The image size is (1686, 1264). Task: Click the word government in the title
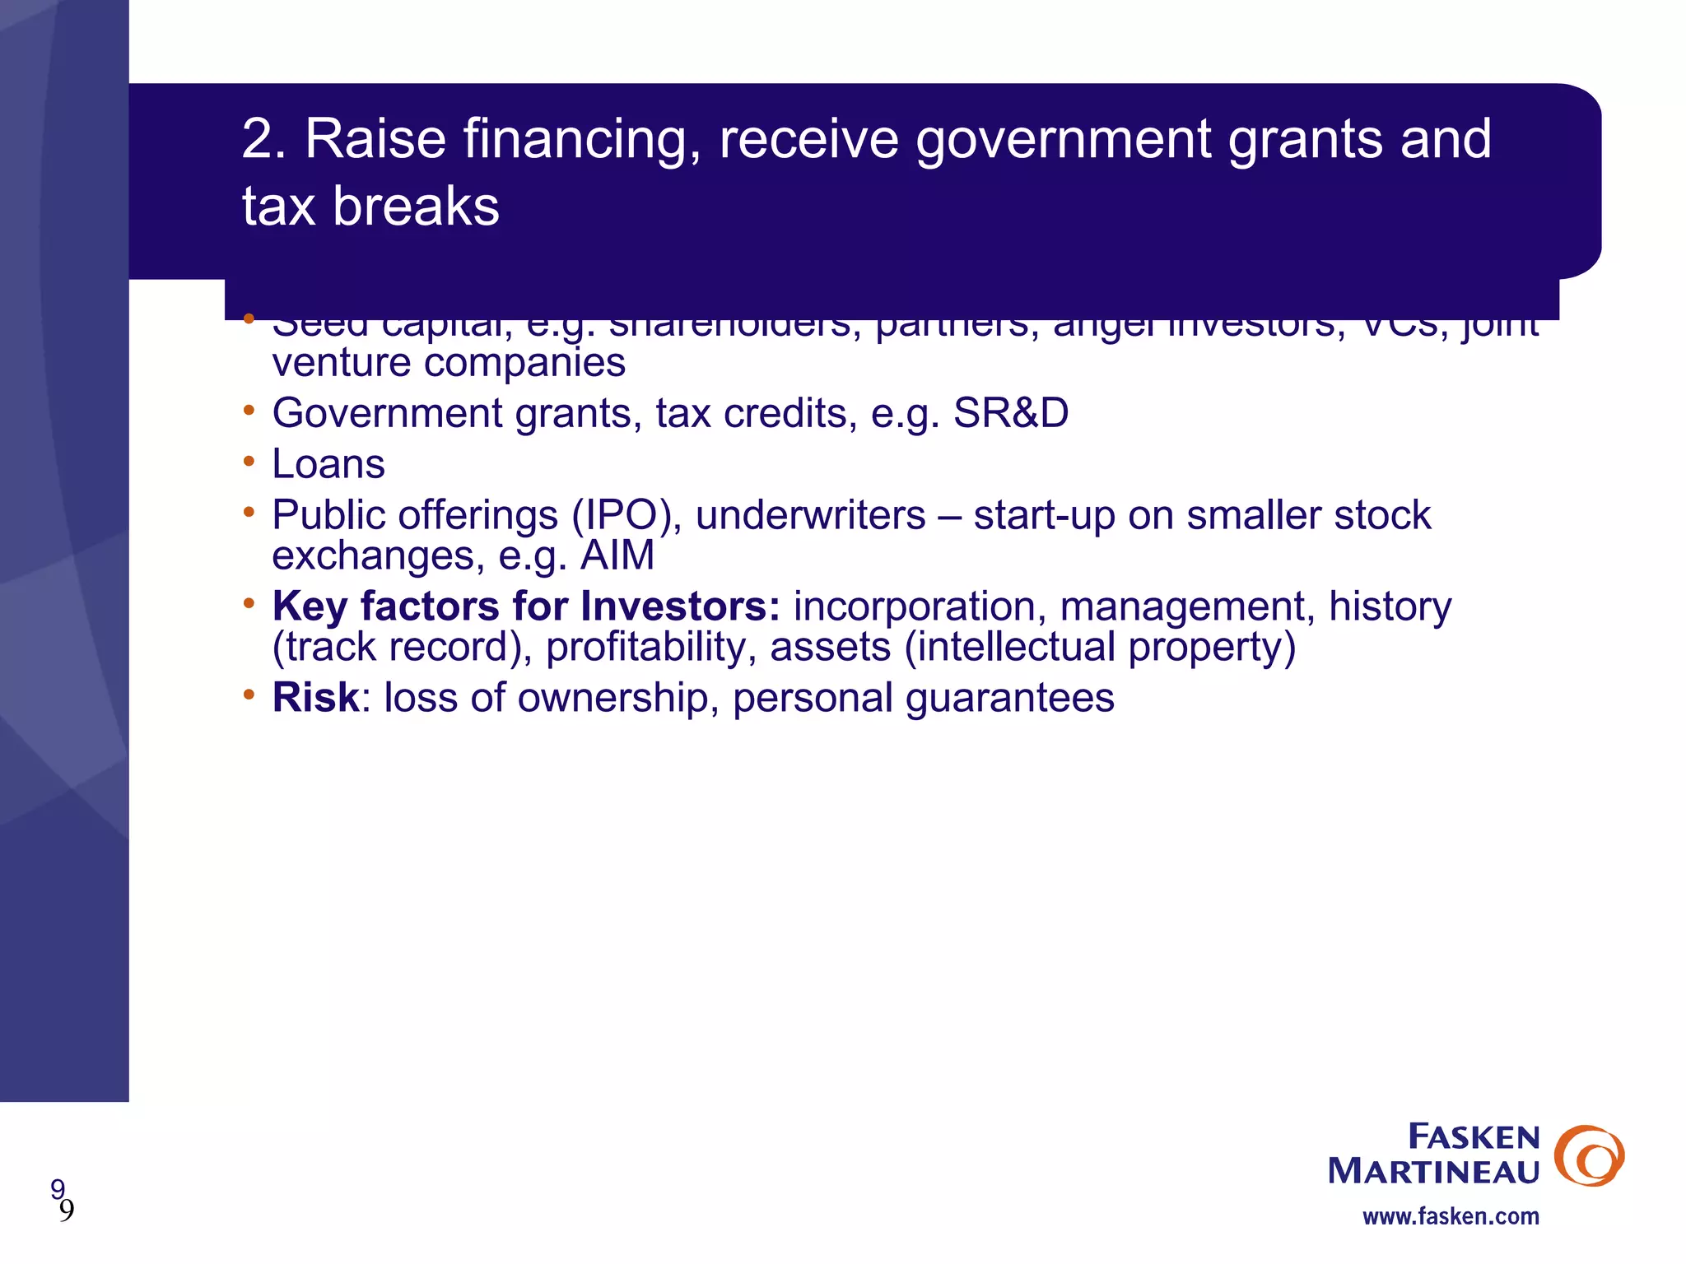click(x=1063, y=138)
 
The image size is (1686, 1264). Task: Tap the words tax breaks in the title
click(x=370, y=206)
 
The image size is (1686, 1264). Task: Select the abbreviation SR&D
click(x=1010, y=413)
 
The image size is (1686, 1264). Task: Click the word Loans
click(x=328, y=464)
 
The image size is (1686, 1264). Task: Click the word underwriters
click(x=811, y=516)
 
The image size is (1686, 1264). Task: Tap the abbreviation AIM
click(x=617, y=555)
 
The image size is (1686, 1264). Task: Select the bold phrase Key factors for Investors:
click(x=526, y=606)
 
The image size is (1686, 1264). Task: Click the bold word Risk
click(x=315, y=698)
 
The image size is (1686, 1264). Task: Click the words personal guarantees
click(x=923, y=698)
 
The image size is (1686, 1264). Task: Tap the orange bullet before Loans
click(x=249, y=462)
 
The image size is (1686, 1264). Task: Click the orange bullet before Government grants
click(x=249, y=410)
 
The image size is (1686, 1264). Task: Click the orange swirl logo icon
click(x=1588, y=1155)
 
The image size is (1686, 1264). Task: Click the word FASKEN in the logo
click(x=1474, y=1137)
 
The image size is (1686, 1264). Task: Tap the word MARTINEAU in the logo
click(x=1433, y=1172)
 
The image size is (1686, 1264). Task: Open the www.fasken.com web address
click(x=1451, y=1216)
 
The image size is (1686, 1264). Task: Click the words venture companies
click(x=449, y=363)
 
